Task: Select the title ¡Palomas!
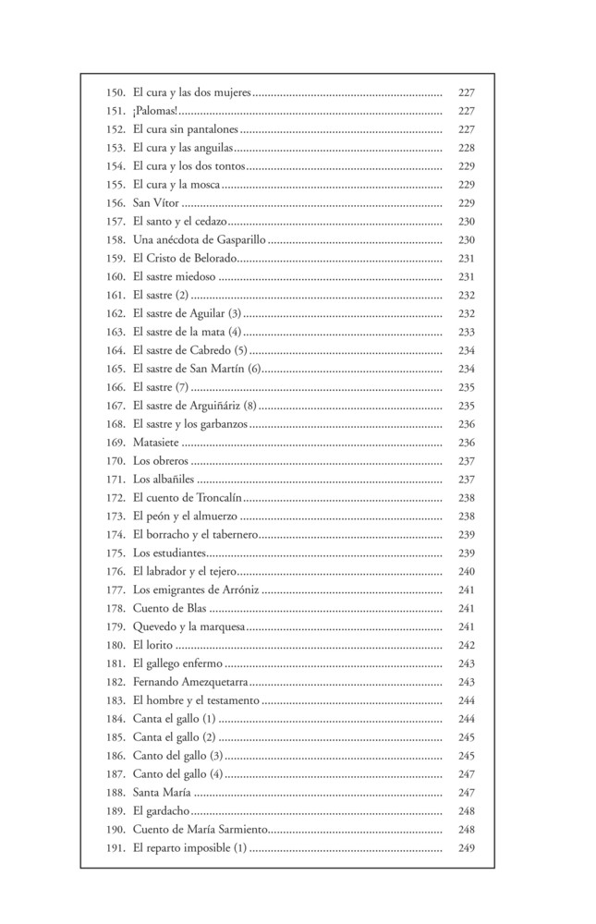pyautogui.click(x=156, y=111)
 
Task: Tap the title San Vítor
pyautogui.click(x=156, y=203)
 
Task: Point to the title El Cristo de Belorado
pyautogui.click(x=186, y=259)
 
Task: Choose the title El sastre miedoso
pyautogui.click(x=174, y=277)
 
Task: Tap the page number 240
pyautogui.click(x=466, y=572)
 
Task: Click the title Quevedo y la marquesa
pyautogui.click(x=189, y=627)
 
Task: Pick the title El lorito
pyautogui.click(x=152, y=645)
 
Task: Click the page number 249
pyautogui.click(x=466, y=848)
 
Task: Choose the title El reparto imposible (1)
pyautogui.click(x=189, y=848)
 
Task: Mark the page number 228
pyautogui.click(x=466, y=148)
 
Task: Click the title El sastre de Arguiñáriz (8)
pyautogui.click(x=194, y=406)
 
